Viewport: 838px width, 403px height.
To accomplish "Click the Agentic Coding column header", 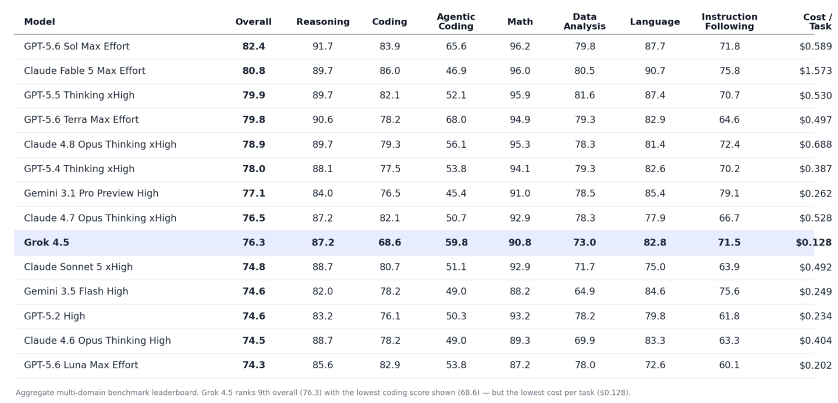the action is tap(456, 22).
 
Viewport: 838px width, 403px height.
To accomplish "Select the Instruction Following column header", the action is tap(729, 22).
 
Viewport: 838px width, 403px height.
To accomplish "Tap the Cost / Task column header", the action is tap(818, 22).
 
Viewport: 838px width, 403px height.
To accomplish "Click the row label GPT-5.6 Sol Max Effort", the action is tap(77, 47).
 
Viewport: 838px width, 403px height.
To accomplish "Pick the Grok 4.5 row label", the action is tap(47, 242).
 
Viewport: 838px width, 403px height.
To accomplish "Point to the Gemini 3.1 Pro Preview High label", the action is tap(91, 193).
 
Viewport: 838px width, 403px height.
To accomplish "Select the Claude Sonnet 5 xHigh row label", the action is tap(78, 267).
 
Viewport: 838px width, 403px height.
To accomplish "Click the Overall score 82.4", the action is tap(254, 47).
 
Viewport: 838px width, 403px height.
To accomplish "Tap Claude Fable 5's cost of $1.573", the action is tap(815, 71).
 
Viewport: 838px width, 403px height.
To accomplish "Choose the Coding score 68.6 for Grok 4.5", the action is tap(389, 242).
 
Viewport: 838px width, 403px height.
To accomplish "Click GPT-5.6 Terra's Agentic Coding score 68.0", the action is tap(456, 120).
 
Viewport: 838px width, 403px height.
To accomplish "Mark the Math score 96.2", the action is tap(520, 47).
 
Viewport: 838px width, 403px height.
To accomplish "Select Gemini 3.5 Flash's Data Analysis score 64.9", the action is tap(585, 291).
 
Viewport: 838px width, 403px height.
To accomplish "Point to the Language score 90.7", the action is tap(655, 71).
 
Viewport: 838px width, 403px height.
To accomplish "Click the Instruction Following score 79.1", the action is tap(729, 193).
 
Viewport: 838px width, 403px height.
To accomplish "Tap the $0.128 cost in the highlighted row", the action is tap(814, 242).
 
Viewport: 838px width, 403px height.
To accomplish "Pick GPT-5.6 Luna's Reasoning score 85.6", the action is tap(322, 365).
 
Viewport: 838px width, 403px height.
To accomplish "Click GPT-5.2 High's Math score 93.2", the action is tap(520, 316).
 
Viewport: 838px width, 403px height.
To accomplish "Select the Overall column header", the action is tap(253, 22).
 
